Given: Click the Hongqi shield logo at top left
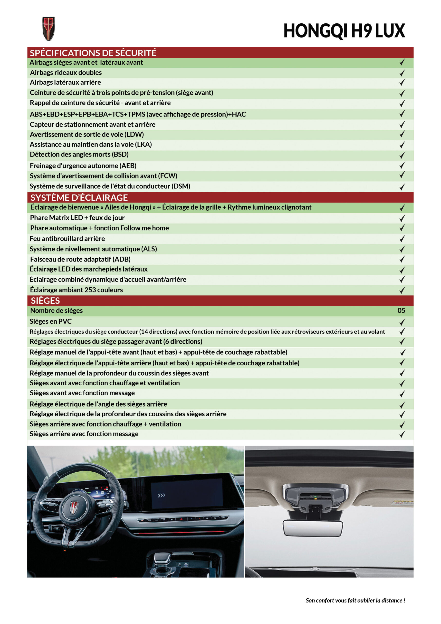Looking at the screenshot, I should pyautogui.click(x=49, y=29).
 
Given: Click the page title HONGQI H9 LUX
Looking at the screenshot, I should pyautogui.click(x=344, y=31).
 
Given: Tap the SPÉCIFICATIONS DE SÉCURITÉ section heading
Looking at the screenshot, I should pyautogui.click(x=93, y=53).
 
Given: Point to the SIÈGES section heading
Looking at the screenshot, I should pyautogui.click(x=45, y=301).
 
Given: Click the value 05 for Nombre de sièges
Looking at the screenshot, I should pyautogui.click(x=401, y=310).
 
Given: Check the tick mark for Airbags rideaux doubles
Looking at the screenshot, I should pyautogui.click(x=402, y=73).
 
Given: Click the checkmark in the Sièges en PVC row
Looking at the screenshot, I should pyautogui.click(x=402, y=322).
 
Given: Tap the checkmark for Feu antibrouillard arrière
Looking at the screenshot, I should pyautogui.click(x=402, y=239).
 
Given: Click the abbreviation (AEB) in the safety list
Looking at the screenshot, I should pyautogui.click(x=128, y=166).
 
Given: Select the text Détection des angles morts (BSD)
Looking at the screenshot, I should pyautogui.click(x=79, y=154).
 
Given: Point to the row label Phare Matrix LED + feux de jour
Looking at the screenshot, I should pyautogui.click(x=77, y=218).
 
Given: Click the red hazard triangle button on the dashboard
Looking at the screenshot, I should pyautogui.click(x=181, y=519).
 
